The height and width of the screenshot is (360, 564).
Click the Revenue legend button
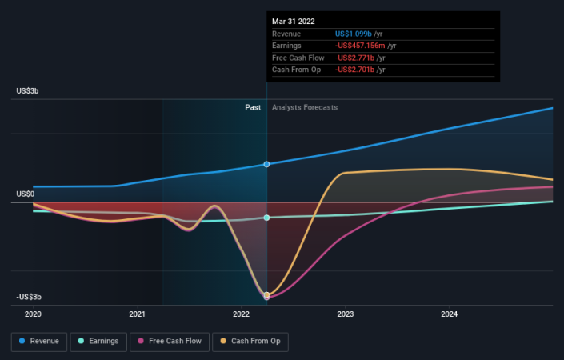click(x=38, y=342)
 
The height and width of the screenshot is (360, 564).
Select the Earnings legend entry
click(x=97, y=342)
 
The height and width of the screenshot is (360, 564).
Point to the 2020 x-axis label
click(x=33, y=314)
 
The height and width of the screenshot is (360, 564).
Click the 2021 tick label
click(x=137, y=314)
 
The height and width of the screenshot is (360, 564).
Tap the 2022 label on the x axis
click(x=242, y=314)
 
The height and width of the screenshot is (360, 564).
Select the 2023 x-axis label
click(x=346, y=314)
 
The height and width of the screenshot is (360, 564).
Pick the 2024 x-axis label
click(x=450, y=314)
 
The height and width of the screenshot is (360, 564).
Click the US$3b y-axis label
click(x=27, y=91)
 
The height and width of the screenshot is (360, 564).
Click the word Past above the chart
click(x=253, y=107)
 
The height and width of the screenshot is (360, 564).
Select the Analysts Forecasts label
click(x=305, y=107)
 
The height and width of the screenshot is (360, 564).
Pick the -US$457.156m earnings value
click(x=366, y=46)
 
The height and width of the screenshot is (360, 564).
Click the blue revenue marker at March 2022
click(x=266, y=164)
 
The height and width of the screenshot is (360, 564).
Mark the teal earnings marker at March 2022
click(x=266, y=218)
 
